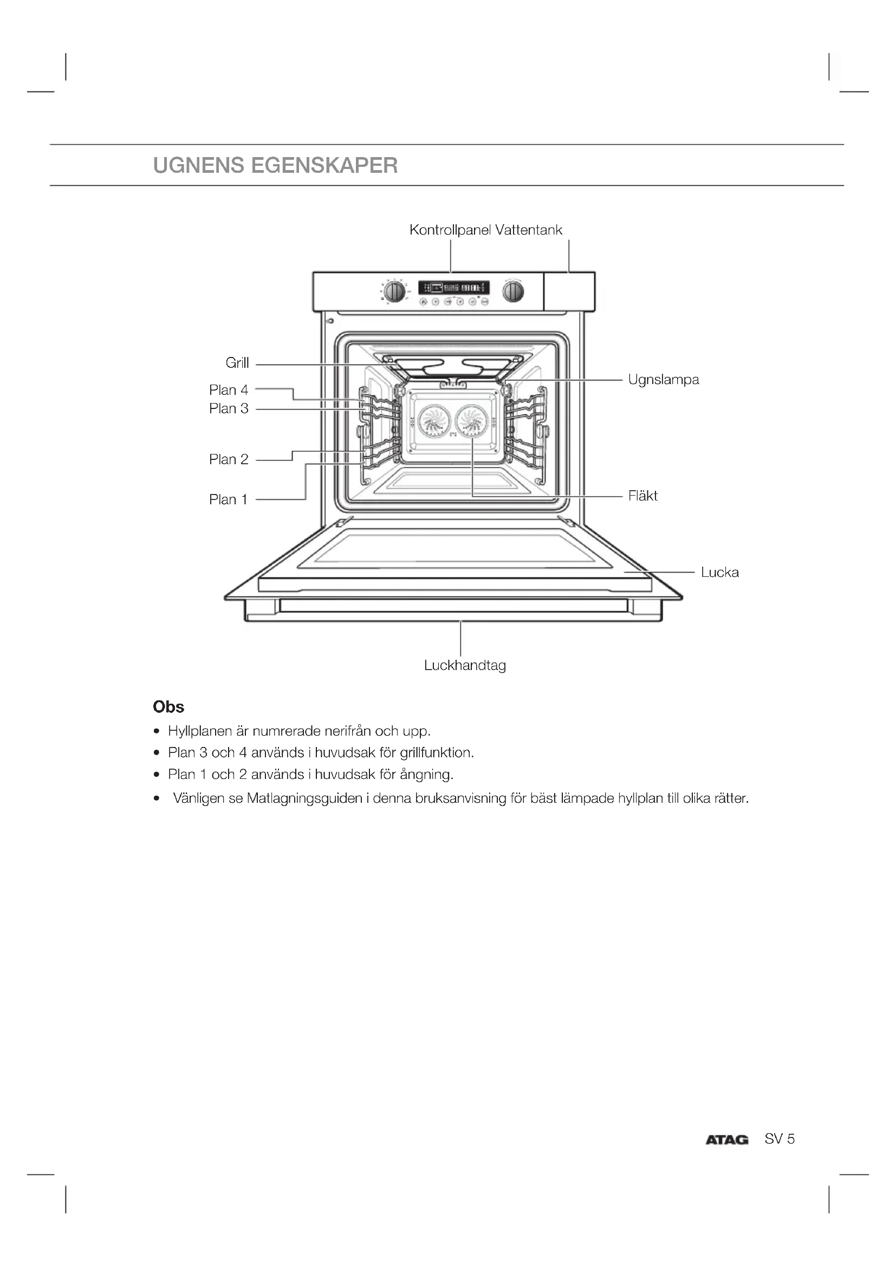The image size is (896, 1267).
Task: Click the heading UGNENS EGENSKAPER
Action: coord(275,166)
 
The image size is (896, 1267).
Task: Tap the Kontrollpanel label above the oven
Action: coord(450,230)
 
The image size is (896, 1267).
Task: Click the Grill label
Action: coord(237,363)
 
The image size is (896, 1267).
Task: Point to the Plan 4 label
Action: coord(229,390)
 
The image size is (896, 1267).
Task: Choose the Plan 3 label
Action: coord(229,409)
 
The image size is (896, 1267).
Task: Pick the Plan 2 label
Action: coord(229,460)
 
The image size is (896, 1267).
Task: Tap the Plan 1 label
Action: coord(228,500)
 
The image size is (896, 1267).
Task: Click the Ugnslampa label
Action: coord(663,380)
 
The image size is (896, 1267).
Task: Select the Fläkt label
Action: coord(643,496)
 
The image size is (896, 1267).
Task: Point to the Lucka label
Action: coord(719,572)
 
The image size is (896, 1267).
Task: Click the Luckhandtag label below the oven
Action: coord(465,666)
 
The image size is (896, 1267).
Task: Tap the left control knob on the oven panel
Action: coord(394,291)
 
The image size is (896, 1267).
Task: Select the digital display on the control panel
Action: coord(453,288)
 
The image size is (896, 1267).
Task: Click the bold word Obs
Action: coord(168,707)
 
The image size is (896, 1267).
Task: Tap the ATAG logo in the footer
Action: coord(726,1140)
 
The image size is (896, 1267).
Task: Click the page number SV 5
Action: coord(779,1139)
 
